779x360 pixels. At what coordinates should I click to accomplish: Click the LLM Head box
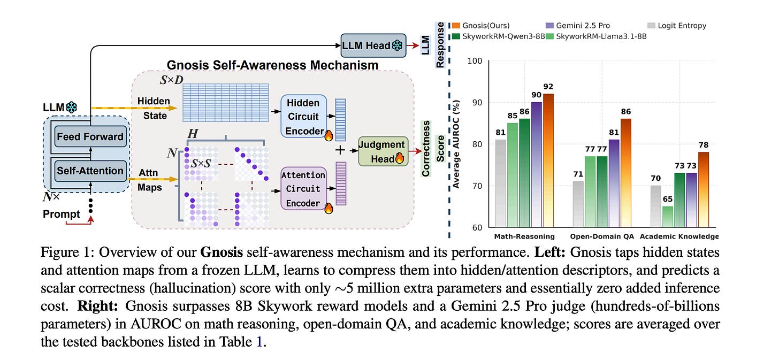click(x=373, y=45)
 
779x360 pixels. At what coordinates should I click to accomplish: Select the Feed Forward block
click(x=89, y=136)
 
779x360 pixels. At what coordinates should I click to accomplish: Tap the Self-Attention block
click(x=89, y=171)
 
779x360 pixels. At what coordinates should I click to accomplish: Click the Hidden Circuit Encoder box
click(x=303, y=117)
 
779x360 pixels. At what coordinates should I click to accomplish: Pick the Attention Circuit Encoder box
click(x=303, y=189)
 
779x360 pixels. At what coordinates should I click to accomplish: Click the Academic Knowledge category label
click(x=679, y=236)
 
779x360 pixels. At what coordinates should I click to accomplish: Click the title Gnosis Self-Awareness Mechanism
click(x=272, y=65)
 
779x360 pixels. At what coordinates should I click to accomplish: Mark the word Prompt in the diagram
click(x=62, y=214)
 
